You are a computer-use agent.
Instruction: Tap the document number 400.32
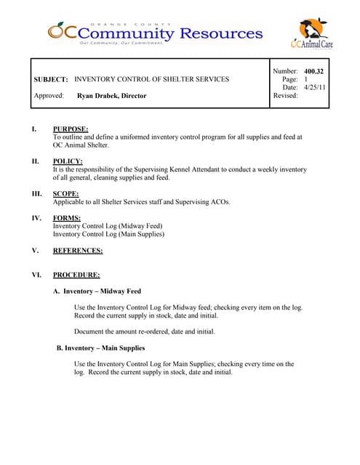pyautogui.click(x=313, y=71)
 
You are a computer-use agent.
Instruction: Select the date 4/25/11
pyautogui.click(x=315, y=87)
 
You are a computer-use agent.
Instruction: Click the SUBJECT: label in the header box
pyautogui.click(x=51, y=79)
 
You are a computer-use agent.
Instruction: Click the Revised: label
pyautogui.click(x=285, y=96)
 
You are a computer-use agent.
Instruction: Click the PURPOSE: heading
pyautogui.click(x=71, y=129)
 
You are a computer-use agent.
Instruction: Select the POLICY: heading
pyautogui.click(x=68, y=161)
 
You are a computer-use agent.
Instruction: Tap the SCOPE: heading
pyautogui.click(x=66, y=194)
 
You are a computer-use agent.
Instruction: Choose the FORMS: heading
pyautogui.click(x=67, y=218)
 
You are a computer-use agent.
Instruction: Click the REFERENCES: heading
pyautogui.click(x=78, y=251)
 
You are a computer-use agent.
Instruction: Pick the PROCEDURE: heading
pyautogui.click(x=76, y=275)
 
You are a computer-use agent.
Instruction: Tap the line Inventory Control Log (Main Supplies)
pyautogui.click(x=108, y=235)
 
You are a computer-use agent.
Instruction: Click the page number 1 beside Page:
pyautogui.click(x=306, y=79)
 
